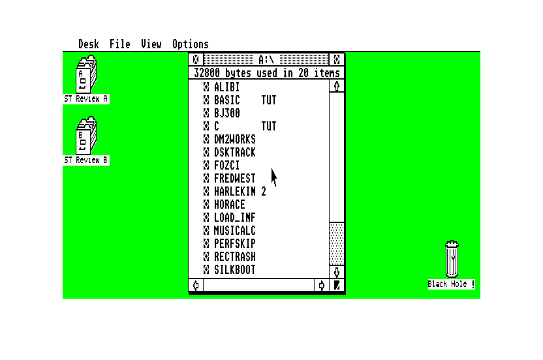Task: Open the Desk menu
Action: pyautogui.click(x=89, y=44)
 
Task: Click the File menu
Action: pyautogui.click(x=120, y=44)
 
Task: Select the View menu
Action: pyautogui.click(x=151, y=44)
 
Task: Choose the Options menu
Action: pyautogui.click(x=191, y=44)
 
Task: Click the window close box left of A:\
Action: pyautogui.click(x=196, y=59)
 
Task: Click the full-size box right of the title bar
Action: pyautogui.click(x=337, y=59)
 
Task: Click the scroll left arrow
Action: pyautogui.click(x=196, y=286)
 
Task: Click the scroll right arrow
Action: pyautogui.click(x=322, y=286)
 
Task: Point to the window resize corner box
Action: pyautogui.click(x=337, y=286)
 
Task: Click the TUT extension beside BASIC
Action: pyautogui.click(x=269, y=100)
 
